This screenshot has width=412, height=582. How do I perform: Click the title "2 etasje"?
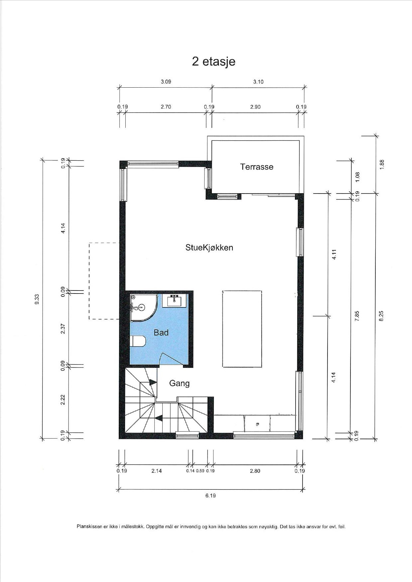pyautogui.click(x=213, y=62)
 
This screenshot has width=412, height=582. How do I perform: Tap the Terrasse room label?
pyautogui.click(x=257, y=167)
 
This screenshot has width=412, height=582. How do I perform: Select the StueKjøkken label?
pyautogui.click(x=209, y=247)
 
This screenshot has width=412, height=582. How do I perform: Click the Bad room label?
pyautogui.click(x=161, y=332)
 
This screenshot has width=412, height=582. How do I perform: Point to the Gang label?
pyautogui.click(x=179, y=383)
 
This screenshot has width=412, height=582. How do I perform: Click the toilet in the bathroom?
pyautogui.click(x=138, y=341)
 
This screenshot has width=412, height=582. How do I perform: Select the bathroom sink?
pyautogui.click(x=174, y=300)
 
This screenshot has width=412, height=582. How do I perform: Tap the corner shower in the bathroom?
pyautogui.click(x=143, y=307)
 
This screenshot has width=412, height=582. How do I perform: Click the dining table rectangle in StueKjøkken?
pyautogui.click(x=242, y=329)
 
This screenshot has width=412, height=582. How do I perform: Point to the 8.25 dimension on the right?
pyautogui.click(x=381, y=316)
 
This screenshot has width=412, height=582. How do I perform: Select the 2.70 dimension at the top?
pyautogui.click(x=166, y=107)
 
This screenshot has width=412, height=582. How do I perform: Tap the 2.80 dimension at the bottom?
pyautogui.click(x=255, y=471)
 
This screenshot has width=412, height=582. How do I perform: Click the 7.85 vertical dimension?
pyautogui.click(x=357, y=316)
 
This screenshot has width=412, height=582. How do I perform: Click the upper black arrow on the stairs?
pyautogui.click(x=153, y=382)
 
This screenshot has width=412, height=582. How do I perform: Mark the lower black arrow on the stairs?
pyautogui.click(x=159, y=418)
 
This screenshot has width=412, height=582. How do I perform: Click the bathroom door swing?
pyautogui.click(x=171, y=359)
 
